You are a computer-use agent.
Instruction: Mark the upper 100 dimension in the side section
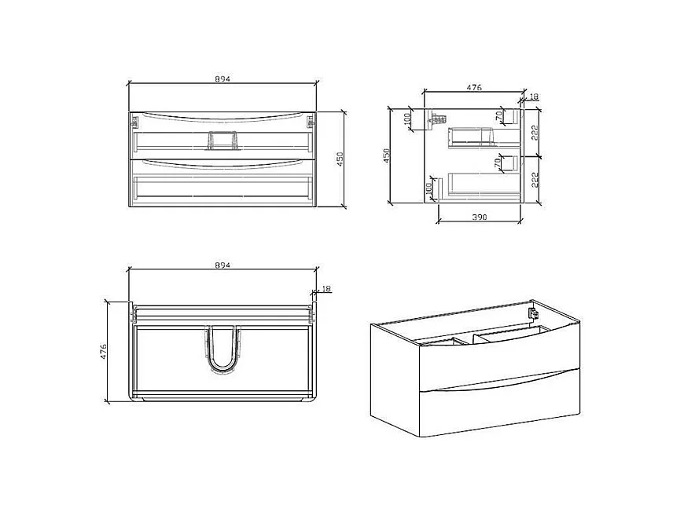click(x=407, y=120)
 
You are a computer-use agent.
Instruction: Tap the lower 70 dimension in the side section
click(x=498, y=164)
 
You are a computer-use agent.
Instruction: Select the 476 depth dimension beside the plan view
click(x=103, y=350)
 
